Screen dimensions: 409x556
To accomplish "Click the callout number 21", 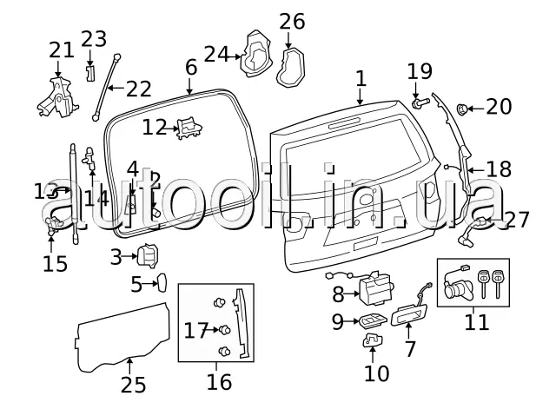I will tap(62, 50).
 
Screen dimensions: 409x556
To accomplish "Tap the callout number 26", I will tap(292, 20).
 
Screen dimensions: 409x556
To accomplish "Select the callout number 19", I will tap(420, 69).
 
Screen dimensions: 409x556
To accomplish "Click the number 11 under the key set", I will tap(477, 323).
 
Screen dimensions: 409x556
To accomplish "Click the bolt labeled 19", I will tap(420, 104).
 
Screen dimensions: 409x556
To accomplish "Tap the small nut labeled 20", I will tap(464, 108).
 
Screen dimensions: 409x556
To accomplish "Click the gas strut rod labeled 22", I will tap(108, 87).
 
